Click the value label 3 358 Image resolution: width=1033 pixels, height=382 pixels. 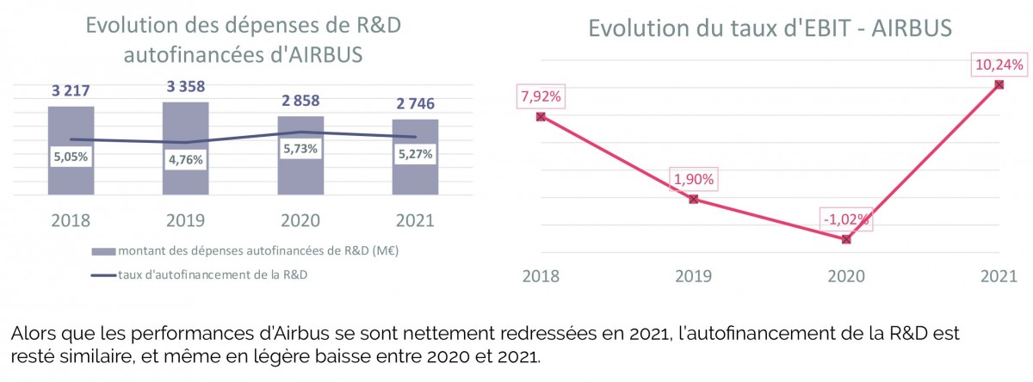186,87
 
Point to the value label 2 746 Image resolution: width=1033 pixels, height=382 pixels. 415,104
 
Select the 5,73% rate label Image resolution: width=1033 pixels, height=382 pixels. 300,148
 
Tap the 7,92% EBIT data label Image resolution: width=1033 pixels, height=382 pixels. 541,96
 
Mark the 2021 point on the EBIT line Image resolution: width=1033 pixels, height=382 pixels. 999,84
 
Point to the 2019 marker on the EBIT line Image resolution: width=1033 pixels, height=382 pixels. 694,199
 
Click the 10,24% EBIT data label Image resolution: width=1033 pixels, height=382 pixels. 999,64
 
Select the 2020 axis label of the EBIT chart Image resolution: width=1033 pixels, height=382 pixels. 845,276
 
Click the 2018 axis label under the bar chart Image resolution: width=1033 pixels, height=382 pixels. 71,220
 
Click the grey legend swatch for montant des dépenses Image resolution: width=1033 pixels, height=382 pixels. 102,251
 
